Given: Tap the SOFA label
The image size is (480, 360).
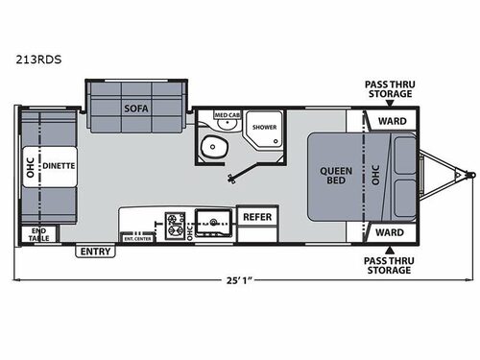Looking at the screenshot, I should (134, 108).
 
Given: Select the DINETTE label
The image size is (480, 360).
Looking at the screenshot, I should (60, 164).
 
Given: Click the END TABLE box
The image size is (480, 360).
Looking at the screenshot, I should (37, 234).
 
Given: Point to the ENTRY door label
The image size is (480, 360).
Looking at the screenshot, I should (96, 252).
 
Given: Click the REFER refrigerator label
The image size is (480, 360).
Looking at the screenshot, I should (256, 216).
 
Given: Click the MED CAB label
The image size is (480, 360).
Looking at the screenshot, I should (226, 115).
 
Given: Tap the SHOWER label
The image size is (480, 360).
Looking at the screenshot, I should (263, 127).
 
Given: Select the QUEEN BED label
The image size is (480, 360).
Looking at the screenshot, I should (336, 177).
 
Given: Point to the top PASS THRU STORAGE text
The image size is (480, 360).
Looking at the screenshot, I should (388, 89).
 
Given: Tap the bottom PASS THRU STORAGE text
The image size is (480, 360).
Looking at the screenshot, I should (388, 264).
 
